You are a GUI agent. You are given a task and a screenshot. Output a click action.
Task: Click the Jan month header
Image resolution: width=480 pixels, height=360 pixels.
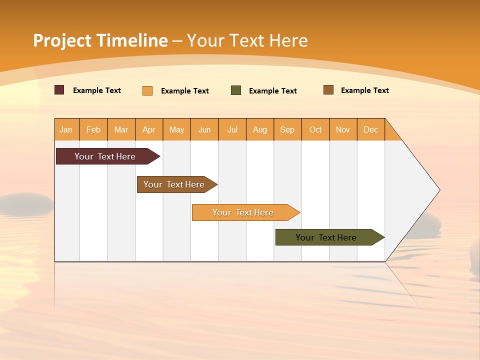(66, 129)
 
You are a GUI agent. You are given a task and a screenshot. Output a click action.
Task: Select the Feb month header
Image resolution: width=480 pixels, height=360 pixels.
(93, 129)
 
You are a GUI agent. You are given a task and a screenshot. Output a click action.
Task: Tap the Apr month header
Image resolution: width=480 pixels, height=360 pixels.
(149, 129)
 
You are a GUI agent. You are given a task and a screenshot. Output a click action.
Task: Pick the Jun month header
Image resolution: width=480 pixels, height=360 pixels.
(204, 129)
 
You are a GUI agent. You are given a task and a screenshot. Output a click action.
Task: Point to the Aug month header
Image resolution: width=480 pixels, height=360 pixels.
(260, 129)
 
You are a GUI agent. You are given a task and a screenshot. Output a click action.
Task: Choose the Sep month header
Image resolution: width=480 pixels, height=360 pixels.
(287, 129)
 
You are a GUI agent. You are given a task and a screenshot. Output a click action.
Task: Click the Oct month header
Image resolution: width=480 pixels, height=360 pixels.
(315, 129)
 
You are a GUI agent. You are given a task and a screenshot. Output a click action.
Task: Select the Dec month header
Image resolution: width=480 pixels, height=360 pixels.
(371, 129)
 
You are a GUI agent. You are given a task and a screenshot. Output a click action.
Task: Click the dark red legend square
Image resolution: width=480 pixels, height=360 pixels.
(59, 90)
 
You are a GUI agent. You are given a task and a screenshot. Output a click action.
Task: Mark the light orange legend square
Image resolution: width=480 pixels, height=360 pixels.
(147, 90)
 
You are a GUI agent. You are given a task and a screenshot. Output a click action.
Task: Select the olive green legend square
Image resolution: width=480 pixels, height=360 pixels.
(236, 90)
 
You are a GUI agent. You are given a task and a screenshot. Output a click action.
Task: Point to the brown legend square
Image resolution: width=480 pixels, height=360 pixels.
(328, 90)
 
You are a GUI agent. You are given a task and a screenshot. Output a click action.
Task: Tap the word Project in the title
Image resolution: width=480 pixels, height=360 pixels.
(62, 40)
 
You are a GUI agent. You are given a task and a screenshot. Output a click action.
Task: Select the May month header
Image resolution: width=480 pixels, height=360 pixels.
(176, 129)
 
